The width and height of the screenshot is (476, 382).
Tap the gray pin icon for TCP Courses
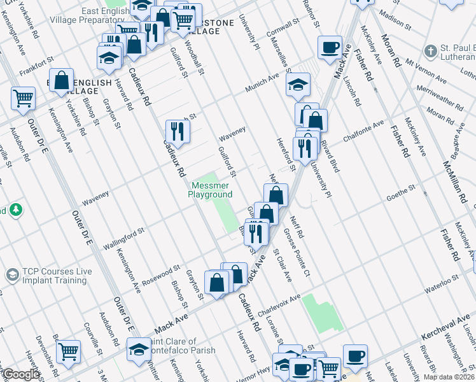[x=11, y=275]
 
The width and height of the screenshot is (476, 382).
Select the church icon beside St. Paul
[x=431, y=51]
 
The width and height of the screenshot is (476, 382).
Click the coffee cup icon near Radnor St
[x=330, y=48]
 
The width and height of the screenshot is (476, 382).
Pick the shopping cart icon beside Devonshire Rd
[x=68, y=351]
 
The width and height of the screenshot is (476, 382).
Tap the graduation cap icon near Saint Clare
[x=138, y=350]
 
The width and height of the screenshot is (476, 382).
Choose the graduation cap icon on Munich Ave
[x=298, y=85]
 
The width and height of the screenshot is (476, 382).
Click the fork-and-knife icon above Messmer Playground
[x=178, y=132]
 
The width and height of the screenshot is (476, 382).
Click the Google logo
[x=20, y=374]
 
